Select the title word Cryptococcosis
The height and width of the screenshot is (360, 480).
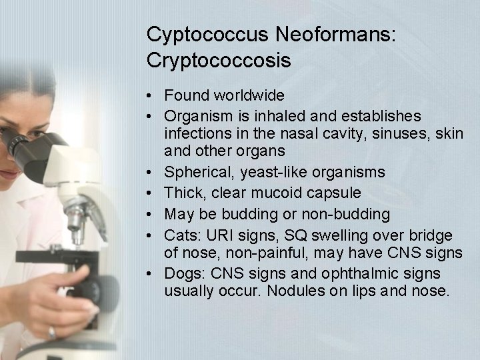pyautogui.click(x=219, y=61)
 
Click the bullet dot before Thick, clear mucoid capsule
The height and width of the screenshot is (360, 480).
pyautogui.click(x=155, y=193)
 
